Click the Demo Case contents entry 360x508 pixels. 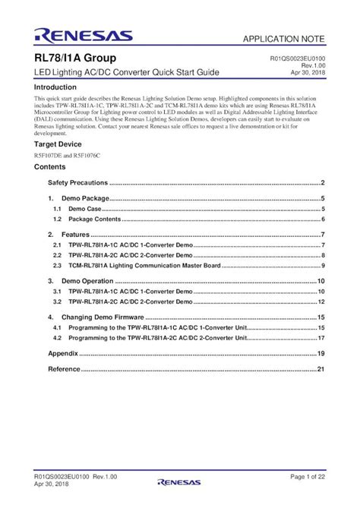[84, 207]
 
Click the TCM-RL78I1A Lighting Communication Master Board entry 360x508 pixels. [144, 266]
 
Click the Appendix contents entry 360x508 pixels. [63, 354]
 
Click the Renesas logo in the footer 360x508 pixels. [178, 481]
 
